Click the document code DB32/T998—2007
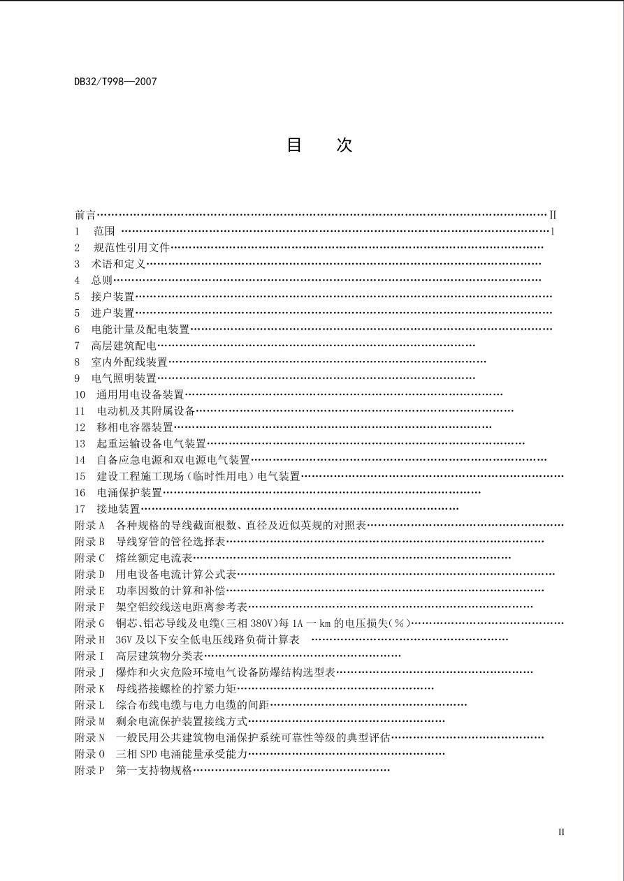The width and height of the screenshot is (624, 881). click(x=115, y=82)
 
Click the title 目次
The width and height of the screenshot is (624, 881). click(x=319, y=145)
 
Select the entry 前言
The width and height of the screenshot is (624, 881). click(x=85, y=215)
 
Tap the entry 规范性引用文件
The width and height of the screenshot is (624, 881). click(x=132, y=247)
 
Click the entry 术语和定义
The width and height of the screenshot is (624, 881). click(x=119, y=264)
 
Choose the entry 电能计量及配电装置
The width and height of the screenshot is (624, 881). click(x=140, y=329)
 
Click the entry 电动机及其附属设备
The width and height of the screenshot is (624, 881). click(x=146, y=411)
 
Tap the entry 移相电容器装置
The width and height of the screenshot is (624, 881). click(x=135, y=427)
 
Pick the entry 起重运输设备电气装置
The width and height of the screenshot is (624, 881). click(x=152, y=444)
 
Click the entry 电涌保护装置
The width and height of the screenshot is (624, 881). click(x=129, y=493)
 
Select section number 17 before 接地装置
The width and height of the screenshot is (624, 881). click(x=80, y=510)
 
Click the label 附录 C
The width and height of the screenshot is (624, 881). click(x=89, y=558)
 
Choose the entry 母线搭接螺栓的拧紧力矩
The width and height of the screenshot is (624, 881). click(x=176, y=689)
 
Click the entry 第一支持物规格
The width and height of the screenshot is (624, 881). click(x=154, y=771)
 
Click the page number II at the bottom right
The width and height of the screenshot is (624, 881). click(x=561, y=832)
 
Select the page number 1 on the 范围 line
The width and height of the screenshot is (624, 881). click(x=553, y=231)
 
